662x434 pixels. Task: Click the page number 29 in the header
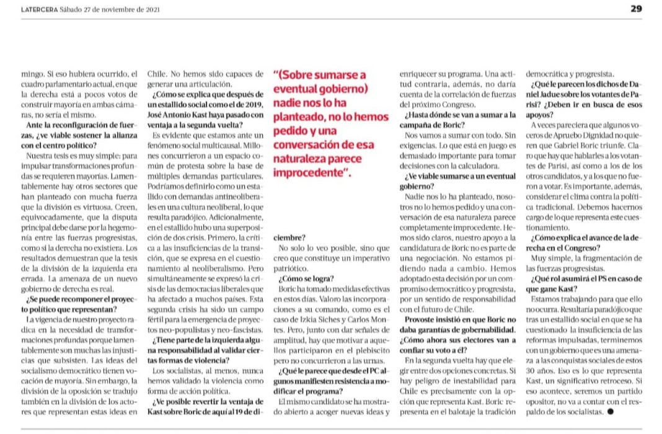pyautogui.click(x=636, y=9)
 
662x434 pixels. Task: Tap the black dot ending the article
pyautogui.click(x=612, y=411)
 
